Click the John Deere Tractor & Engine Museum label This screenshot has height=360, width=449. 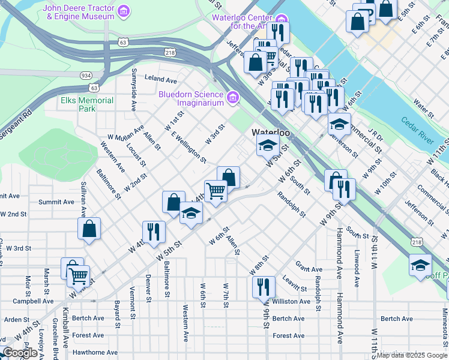79,12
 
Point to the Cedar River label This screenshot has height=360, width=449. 418,130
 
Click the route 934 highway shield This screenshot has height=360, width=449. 86,76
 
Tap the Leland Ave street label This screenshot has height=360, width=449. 160,79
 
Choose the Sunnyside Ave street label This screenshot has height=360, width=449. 134,89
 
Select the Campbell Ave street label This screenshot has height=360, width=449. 33,301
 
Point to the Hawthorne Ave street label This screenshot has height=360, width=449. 95,352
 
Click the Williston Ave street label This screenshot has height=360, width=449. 291,301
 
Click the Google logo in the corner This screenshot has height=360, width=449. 20,353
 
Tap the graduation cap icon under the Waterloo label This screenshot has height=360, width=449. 268,144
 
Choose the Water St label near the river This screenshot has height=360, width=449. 423,110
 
